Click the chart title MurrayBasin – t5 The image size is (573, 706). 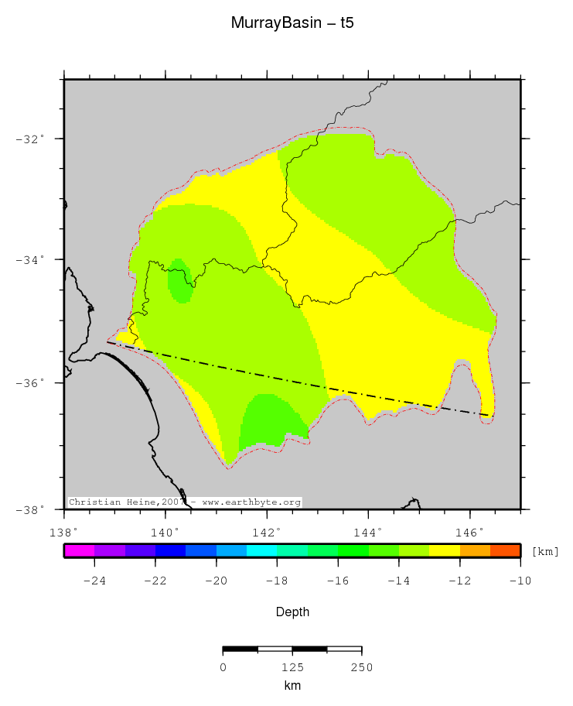click(x=292, y=23)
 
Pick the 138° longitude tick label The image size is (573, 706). click(x=63, y=532)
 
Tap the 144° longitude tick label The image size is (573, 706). click(x=367, y=532)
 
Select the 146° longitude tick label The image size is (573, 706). click(x=469, y=532)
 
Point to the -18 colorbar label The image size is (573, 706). click(x=277, y=581)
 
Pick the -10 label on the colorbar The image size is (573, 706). click(x=520, y=581)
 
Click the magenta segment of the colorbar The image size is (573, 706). click(x=79, y=551)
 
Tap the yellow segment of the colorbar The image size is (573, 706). click(x=445, y=551)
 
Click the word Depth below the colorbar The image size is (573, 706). click(x=292, y=612)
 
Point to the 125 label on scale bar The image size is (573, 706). click(x=292, y=667)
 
